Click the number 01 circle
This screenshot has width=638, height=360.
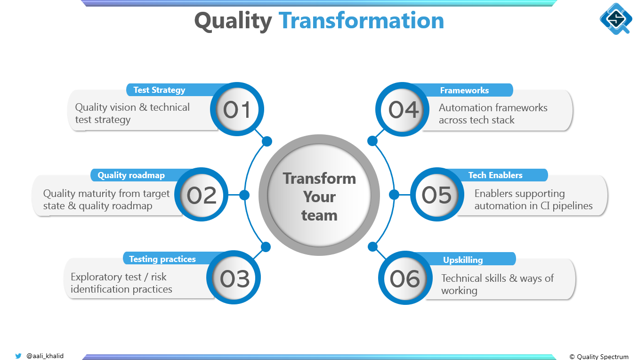[237, 109]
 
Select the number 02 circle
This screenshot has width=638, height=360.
[202, 195]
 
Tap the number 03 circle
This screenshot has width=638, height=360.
[234, 278]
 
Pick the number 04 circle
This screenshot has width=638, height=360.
[403, 109]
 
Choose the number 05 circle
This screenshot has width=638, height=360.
[437, 195]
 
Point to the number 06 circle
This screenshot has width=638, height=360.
[405, 278]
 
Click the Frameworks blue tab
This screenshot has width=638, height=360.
[467, 90]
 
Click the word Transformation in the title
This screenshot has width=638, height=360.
[361, 21]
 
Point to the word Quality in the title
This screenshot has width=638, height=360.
[233, 22]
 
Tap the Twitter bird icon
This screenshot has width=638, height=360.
[18, 356]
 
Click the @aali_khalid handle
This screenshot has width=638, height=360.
[45, 356]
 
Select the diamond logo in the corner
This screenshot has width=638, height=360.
[616, 19]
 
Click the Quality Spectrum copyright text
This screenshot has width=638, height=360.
[599, 357]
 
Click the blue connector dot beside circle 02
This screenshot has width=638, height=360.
[244, 195]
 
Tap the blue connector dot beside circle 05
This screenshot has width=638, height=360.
[394, 195]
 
